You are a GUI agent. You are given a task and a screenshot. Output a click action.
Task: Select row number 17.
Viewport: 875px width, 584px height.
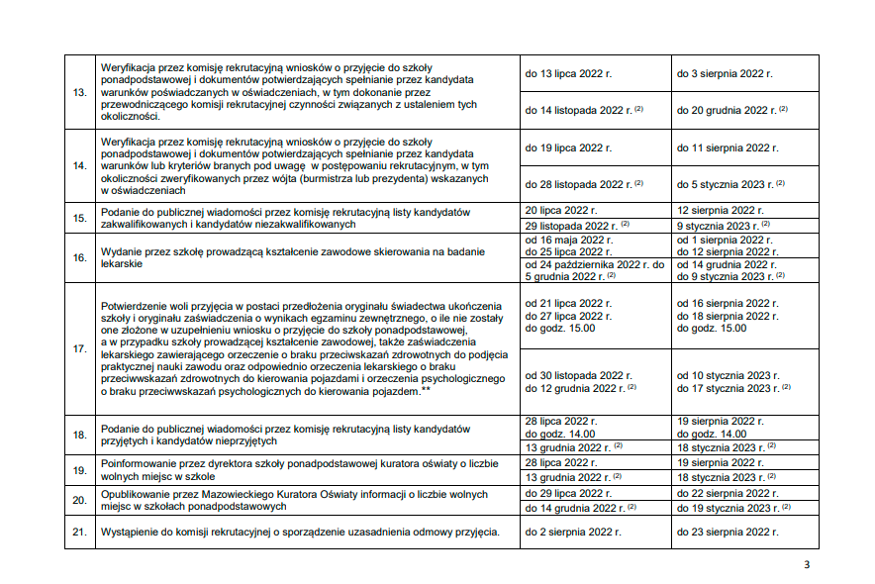80,348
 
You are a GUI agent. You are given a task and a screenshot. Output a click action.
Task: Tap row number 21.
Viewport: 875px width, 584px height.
80,533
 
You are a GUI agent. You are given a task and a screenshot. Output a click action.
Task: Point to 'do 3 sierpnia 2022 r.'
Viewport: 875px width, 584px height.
725,74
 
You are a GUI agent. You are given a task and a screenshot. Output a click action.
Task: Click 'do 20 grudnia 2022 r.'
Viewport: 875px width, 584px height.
727,110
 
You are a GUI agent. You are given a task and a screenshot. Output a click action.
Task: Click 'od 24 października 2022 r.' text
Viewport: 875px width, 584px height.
589,264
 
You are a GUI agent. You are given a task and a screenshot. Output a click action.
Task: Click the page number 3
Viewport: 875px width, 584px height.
807,565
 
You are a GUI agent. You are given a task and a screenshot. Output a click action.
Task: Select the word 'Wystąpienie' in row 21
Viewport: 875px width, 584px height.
128,533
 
